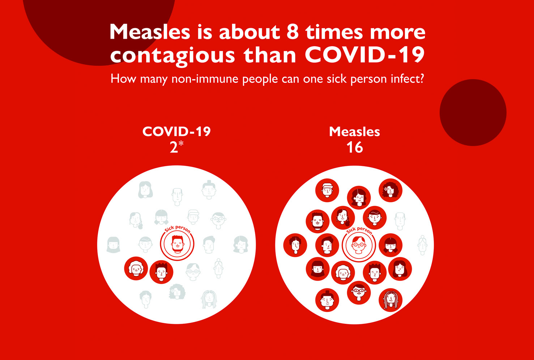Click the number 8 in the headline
tap(292, 32)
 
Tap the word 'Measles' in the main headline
tap(150, 31)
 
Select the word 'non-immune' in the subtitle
tap(205, 79)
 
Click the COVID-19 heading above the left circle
tap(176, 132)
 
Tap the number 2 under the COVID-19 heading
tap(174, 147)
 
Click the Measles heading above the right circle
tap(354, 132)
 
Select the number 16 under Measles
tap(354, 147)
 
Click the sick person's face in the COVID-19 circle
tap(177, 244)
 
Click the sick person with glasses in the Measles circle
tap(359, 245)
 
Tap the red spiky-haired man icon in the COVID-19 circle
tap(161, 272)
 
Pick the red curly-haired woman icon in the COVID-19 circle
tap(136, 268)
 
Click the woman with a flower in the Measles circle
tap(390, 190)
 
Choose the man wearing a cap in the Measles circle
tap(327, 190)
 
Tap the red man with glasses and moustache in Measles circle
tap(359, 292)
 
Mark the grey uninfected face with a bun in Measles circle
tap(422, 245)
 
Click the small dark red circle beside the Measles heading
tap(473, 112)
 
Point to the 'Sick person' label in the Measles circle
tap(359, 231)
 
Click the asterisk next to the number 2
tap(181, 144)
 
